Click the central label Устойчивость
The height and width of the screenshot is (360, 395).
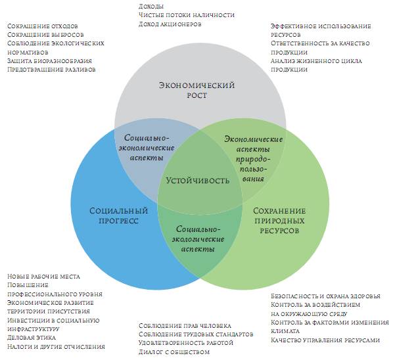(197, 179)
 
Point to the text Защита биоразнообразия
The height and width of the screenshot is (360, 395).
(49, 60)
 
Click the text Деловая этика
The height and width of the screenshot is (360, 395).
(32, 337)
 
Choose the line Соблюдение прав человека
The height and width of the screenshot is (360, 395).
(185, 325)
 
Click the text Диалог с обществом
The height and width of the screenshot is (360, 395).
(174, 351)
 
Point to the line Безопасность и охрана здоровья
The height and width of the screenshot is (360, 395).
(323, 296)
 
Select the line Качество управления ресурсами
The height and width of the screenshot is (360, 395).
(325, 340)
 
